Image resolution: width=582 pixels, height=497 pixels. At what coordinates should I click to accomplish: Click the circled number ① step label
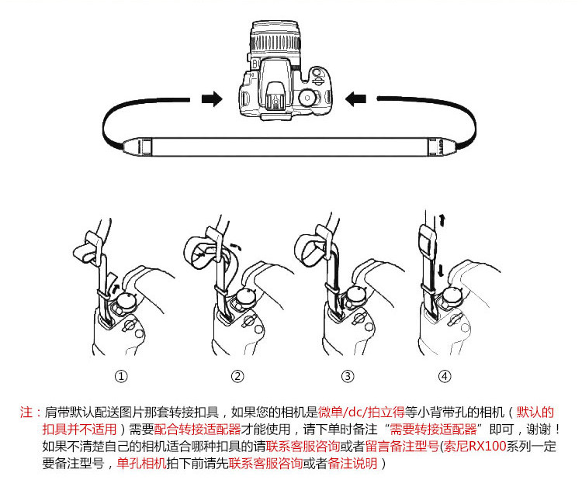click(x=121, y=377)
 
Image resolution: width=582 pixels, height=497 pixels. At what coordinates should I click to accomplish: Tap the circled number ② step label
click(x=237, y=377)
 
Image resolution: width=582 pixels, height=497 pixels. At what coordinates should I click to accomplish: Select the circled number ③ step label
click(x=348, y=377)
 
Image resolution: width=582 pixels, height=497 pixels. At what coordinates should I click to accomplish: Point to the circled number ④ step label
click(x=444, y=377)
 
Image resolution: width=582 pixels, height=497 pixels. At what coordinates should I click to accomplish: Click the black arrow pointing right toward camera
click(x=210, y=98)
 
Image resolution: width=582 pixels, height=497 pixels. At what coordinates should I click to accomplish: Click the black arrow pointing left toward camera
click(x=356, y=98)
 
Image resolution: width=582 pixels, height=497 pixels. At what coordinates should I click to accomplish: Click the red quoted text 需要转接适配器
click(x=431, y=429)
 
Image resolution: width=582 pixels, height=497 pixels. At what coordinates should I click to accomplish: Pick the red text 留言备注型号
click(x=400, y=446)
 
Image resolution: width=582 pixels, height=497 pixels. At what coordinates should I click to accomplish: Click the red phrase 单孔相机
click(x=140, y=464)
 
